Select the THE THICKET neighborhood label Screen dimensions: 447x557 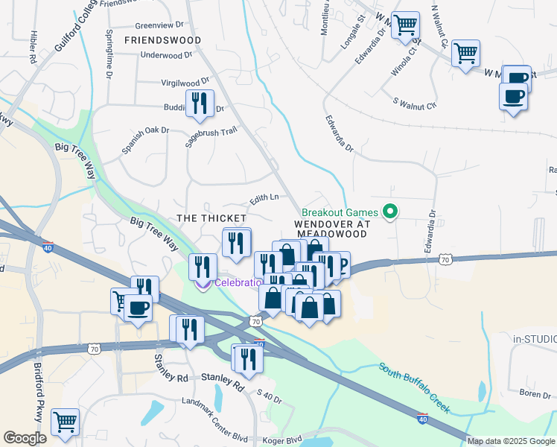pyautogui.click(x=211, y=218)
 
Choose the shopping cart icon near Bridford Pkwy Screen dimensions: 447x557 pyautogui.click(x=65, y=422)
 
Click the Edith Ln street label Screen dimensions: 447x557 pyautogui.click(x=264, y=198)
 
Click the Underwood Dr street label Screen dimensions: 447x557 pyautogui.click(x=166, y=54)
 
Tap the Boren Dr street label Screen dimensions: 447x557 pyautogui.click(x=535, y=393)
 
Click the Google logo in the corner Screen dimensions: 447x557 pyautogui.click(x=25, y=438)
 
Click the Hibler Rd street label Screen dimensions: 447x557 pyautogui.click(x=34, y=47)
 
